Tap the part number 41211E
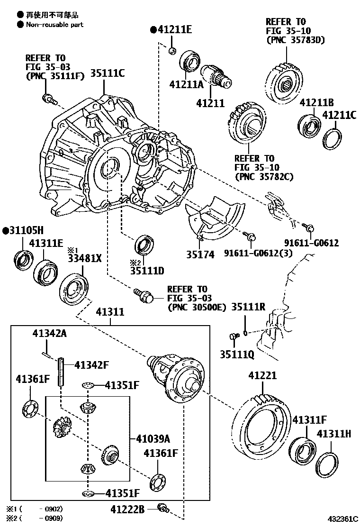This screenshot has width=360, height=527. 171,30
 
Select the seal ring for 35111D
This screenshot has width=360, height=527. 144,245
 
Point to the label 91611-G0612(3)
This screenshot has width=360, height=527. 252,254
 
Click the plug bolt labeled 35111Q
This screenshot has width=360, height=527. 233,337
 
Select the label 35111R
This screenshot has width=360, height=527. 248,307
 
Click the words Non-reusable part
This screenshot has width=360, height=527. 54,24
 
